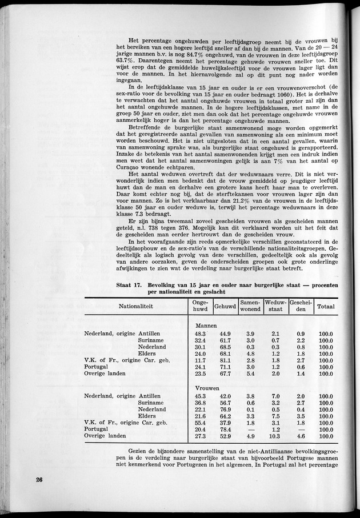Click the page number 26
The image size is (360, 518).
click(38, 480)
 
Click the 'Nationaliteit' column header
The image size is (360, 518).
click(135, 306)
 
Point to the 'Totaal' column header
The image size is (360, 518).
click(326, 306)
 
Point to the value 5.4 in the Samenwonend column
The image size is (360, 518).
click(250, 374)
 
